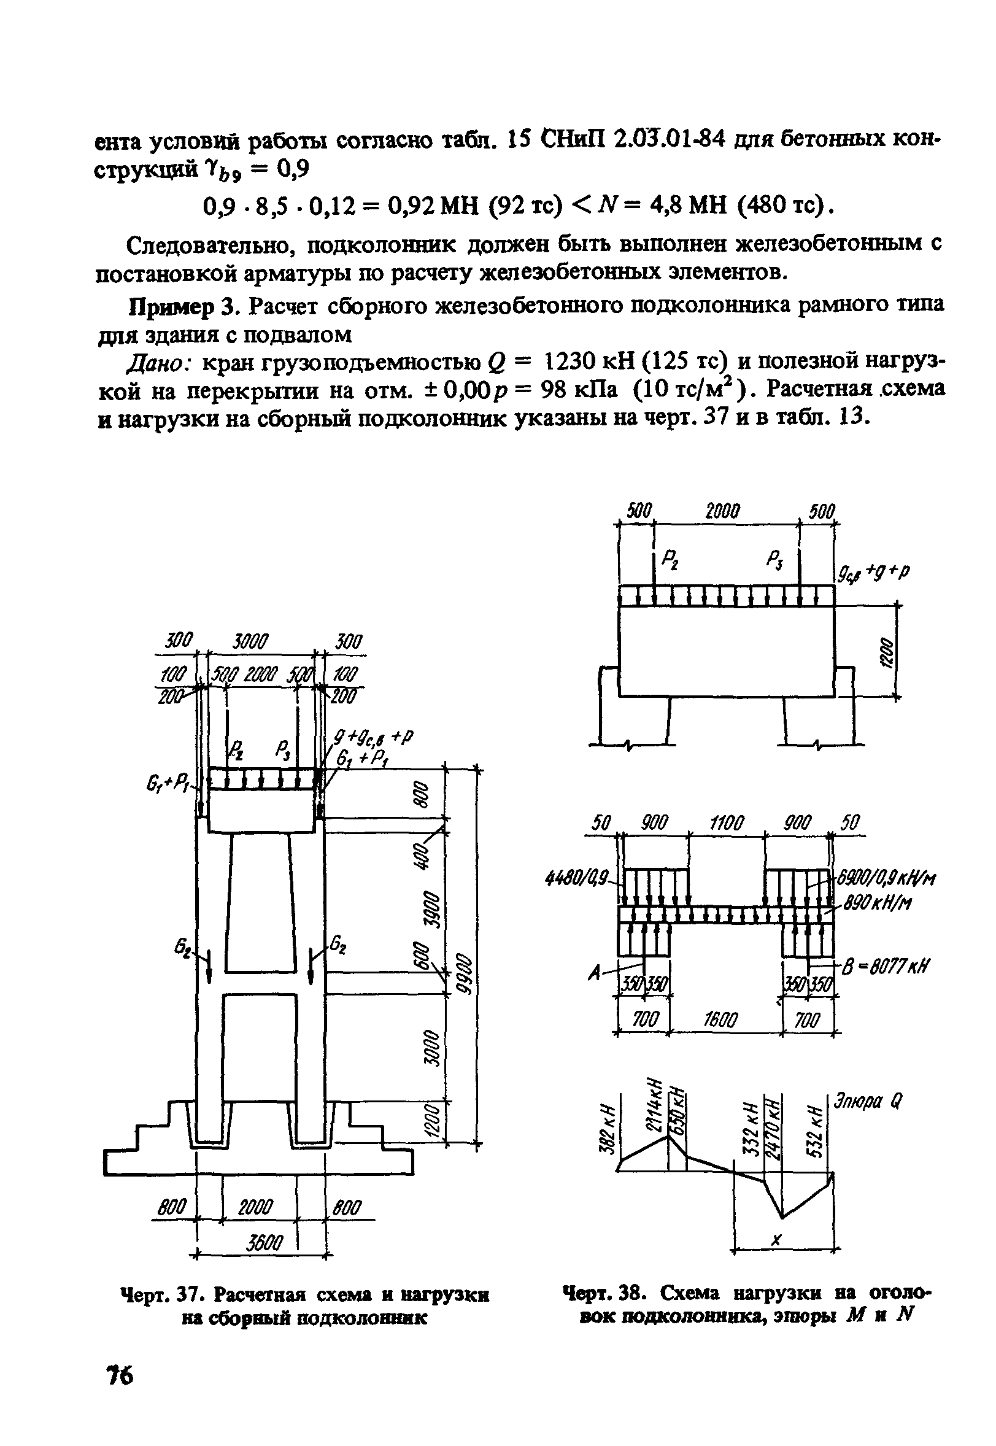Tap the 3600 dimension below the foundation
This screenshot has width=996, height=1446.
(264, 1243)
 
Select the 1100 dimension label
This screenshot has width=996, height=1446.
(727, 824)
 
